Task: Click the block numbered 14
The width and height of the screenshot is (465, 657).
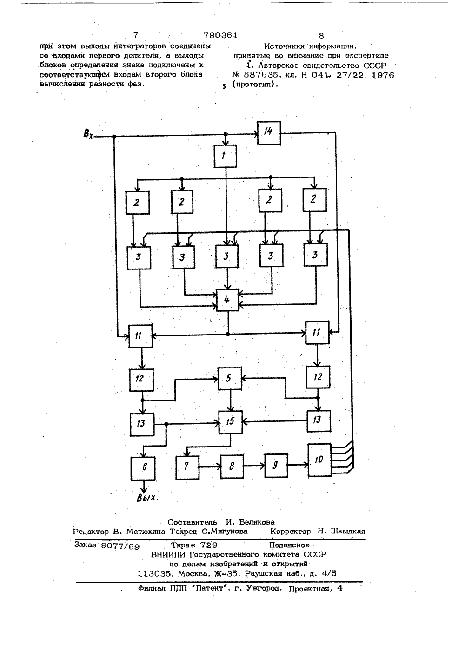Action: (x=269, y=133)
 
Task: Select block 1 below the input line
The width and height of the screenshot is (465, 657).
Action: (x=225, y=156)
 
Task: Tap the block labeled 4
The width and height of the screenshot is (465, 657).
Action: (x=227, y=300)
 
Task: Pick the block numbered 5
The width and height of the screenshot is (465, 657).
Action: (x=230, y=378)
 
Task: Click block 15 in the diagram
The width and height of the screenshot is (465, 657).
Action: (x=231, y=422)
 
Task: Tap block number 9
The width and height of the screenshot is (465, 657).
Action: (x=276, y=466)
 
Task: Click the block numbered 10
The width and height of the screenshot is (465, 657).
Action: (x=319, y=460)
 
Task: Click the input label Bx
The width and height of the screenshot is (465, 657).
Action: (x=88, y=134)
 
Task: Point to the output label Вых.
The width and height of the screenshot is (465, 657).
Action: (x=148, y=498)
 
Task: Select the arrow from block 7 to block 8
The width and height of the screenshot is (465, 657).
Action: (x=210, y=466)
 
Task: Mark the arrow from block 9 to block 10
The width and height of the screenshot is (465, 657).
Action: (x=298, y=465)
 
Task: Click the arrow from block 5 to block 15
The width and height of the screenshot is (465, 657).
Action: (x=231, y=401)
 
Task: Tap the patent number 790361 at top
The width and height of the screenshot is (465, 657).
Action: (x=220, y=35)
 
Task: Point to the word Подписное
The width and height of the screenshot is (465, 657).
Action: (x=289, y=545)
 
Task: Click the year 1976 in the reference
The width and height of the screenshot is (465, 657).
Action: (x=383, y=75)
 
